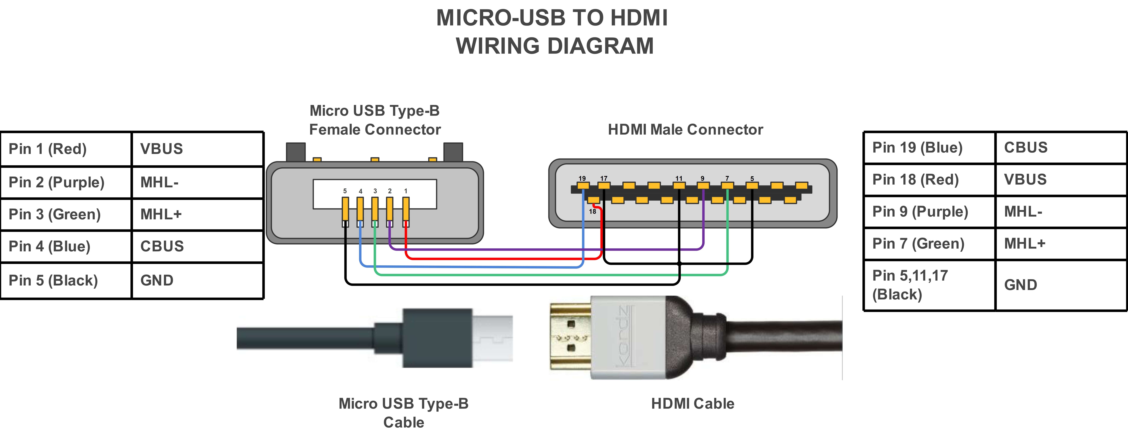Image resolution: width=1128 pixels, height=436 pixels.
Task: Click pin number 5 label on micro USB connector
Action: pos(345,191)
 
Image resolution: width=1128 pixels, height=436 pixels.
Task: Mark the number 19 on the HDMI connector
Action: pos(582,178)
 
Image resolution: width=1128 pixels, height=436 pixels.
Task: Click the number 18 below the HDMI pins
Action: pos(592,211)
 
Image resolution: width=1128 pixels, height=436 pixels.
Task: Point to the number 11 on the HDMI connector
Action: pos(679,178)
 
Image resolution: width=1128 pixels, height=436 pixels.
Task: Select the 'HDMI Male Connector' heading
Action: pos(685,130)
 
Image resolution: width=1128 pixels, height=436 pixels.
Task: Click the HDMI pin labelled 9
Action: pos(703,186)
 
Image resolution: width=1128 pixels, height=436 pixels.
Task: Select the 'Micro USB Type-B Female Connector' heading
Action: pos(375,120)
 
